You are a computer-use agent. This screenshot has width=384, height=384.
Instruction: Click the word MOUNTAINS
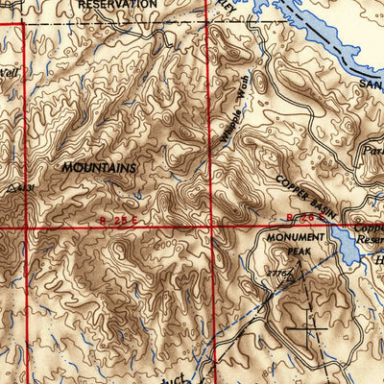pos(99,167)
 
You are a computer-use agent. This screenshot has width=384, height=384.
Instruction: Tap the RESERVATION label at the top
pos(117,5)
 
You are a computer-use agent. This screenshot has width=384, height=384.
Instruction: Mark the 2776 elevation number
pos(280,275)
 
